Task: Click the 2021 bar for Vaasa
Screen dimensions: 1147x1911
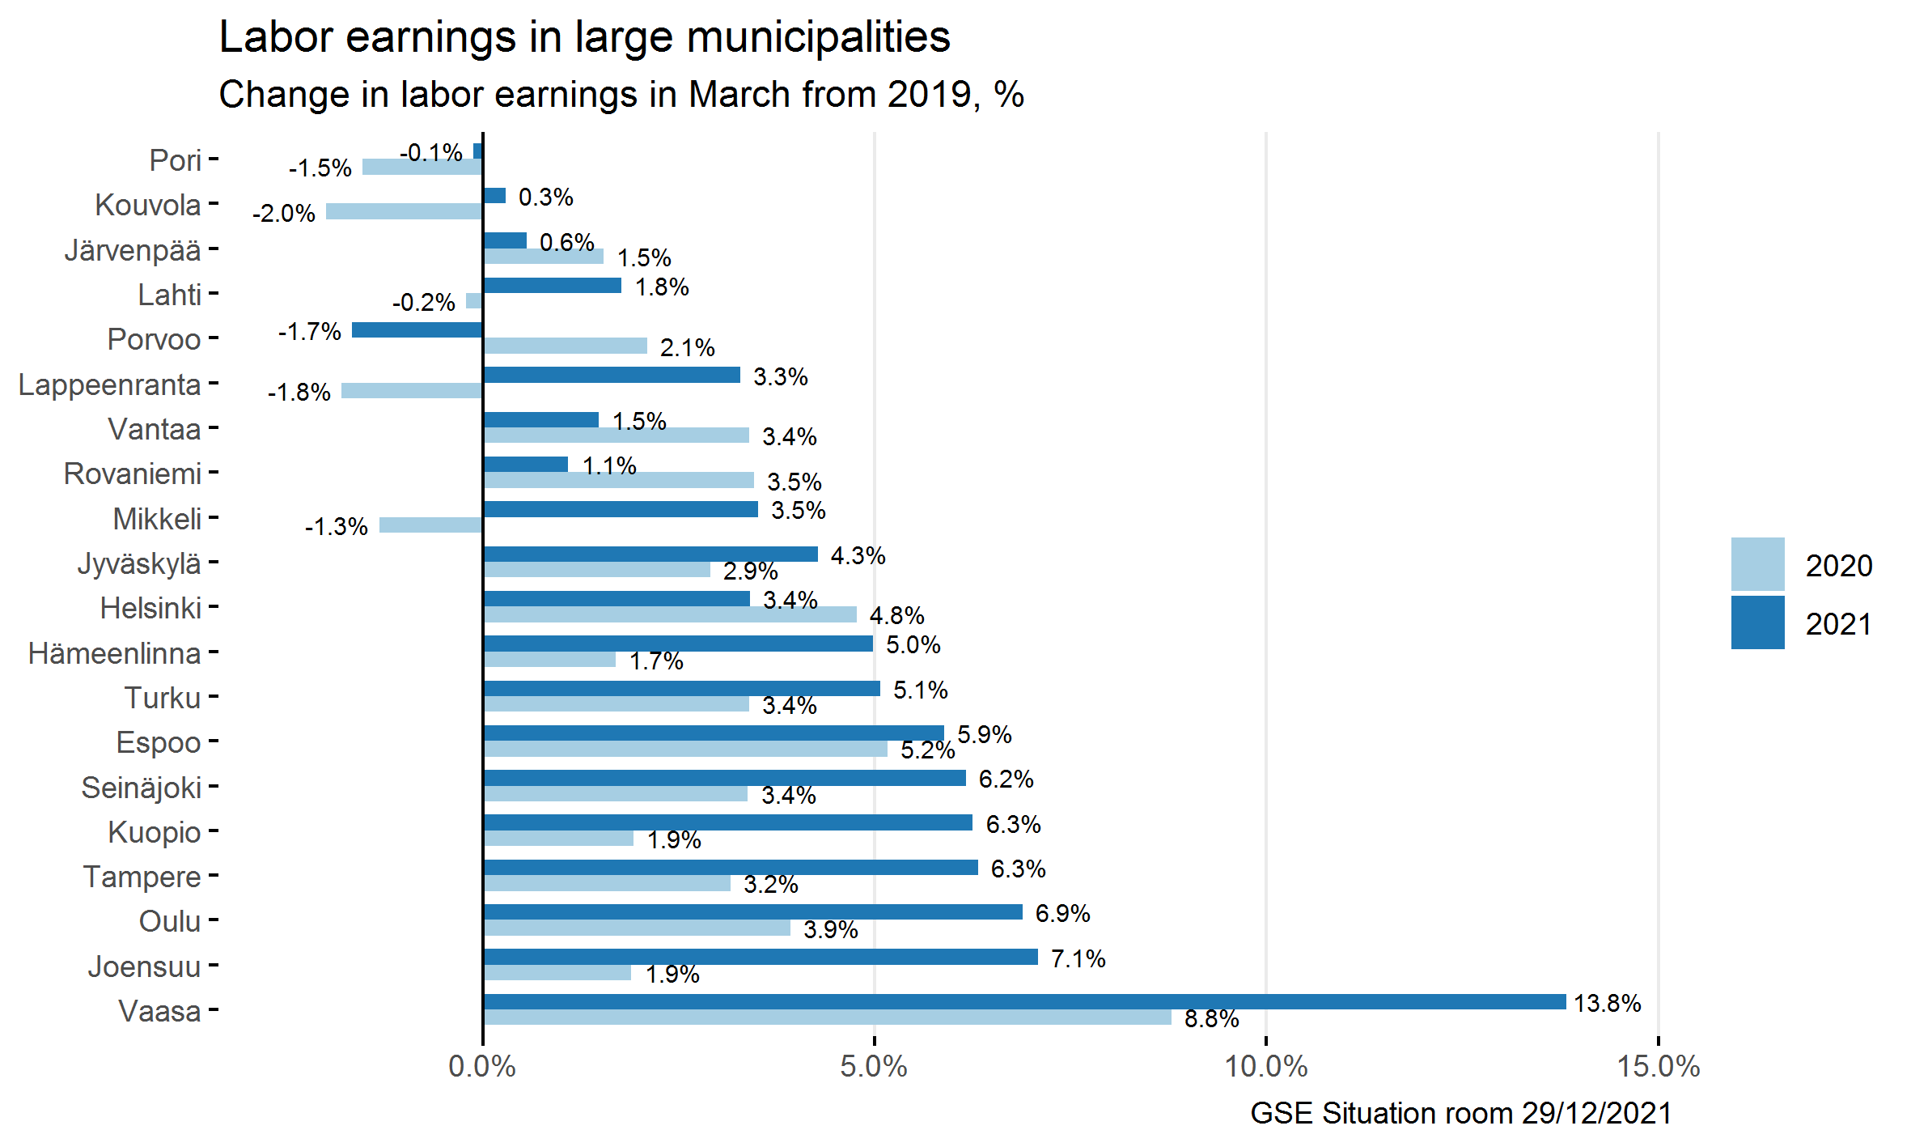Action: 1024,1001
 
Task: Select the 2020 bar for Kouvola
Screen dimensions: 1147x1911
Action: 405,211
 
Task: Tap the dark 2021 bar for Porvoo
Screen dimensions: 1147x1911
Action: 417,330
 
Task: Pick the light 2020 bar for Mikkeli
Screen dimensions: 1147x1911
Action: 431,525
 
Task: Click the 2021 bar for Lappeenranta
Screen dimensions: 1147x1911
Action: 612,375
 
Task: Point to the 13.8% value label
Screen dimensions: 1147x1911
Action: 1607,1003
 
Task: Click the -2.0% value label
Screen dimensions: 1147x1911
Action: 284,213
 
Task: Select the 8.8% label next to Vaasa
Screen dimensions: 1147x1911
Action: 1211,1018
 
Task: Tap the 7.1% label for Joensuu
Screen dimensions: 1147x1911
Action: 1078,958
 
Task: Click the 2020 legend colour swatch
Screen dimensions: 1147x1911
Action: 1757,564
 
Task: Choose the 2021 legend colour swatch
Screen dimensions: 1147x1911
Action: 1757,622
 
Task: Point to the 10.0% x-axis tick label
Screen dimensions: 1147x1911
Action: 1266,1066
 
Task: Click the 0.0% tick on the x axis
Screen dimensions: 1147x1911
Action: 482,1066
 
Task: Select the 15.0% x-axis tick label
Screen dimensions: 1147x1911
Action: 1659,1066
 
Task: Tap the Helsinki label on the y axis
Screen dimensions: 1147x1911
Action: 150,608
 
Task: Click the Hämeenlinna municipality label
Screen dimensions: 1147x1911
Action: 114,652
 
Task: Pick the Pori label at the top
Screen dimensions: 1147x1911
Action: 175,160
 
